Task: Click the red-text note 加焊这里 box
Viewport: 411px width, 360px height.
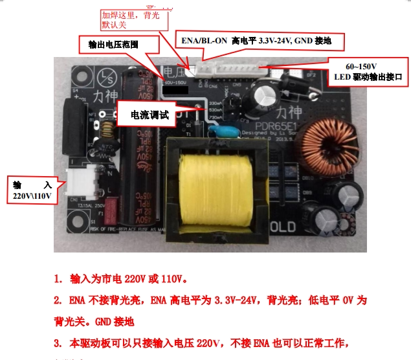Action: pos(133,19)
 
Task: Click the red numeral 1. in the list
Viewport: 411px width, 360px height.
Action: pos(58,280)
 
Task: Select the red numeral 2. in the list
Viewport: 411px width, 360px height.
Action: pos(58,301)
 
